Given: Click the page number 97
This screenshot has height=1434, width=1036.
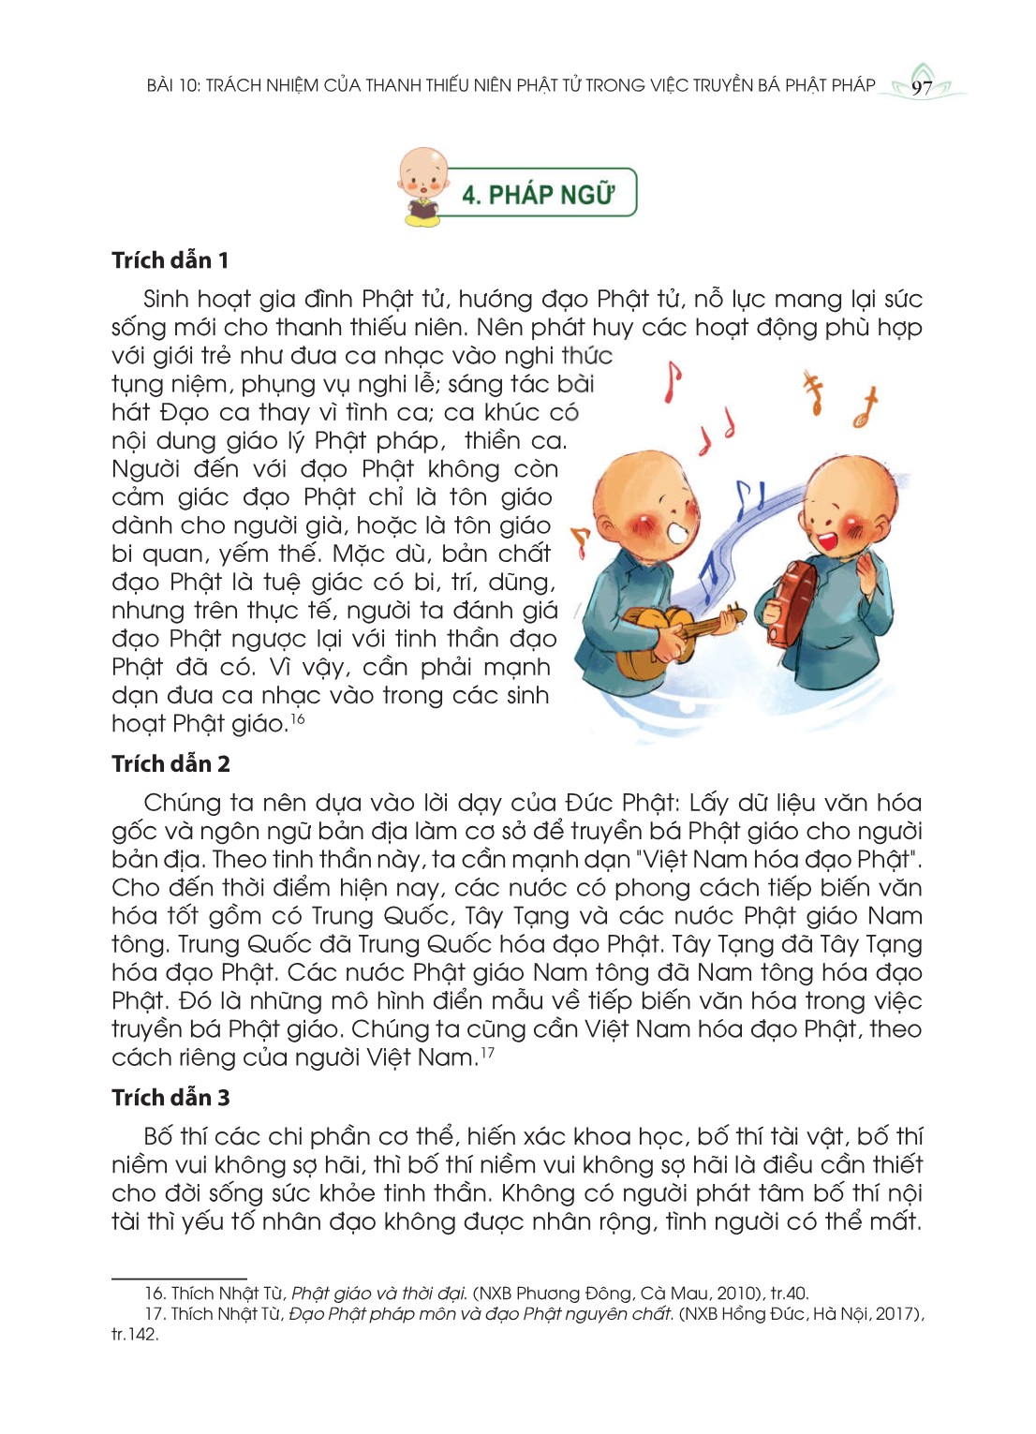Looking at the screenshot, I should (922, 88).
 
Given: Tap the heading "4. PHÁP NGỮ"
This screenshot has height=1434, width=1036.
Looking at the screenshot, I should (538, 194).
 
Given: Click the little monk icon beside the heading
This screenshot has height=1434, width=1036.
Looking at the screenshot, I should (423, 186).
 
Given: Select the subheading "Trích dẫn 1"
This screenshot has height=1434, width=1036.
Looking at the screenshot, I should (170, 260).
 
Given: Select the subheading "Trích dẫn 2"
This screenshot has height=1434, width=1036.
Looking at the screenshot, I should (170, 764).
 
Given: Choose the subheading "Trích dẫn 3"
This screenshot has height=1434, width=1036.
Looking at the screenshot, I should (170, 1098).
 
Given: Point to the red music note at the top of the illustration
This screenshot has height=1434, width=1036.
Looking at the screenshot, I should (671, 381).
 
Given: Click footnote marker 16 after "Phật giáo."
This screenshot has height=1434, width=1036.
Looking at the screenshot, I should (297, 718).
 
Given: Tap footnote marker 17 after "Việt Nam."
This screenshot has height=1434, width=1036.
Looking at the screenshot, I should (487, 1053).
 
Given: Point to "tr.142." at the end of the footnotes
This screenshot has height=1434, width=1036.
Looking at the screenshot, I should (135, 1335).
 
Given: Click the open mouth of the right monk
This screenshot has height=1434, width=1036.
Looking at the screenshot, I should (826, 540).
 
